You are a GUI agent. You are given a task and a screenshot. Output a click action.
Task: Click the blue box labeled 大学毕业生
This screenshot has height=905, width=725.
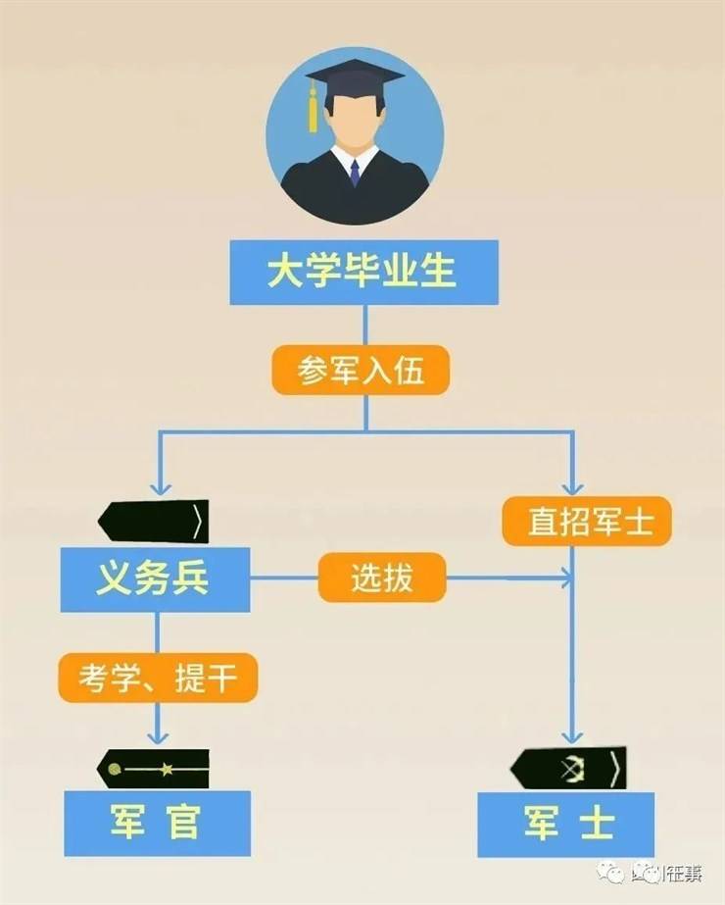click(x=363, y=272)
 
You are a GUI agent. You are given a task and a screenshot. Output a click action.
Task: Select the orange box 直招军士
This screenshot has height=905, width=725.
click(x=586, y=522)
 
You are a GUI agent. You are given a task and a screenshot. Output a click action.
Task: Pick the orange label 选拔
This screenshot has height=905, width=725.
click(x=382, y=578)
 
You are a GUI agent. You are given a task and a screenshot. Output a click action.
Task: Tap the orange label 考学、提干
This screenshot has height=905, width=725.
click(x=158, y=678)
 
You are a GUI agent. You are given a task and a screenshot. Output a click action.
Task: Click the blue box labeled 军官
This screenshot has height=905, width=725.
click(x=157, y=822)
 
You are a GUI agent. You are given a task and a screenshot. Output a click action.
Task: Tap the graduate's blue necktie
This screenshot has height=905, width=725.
click(x=355, y=172)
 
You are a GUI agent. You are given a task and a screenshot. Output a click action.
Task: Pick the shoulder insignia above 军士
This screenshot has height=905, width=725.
click(x=568, y=768)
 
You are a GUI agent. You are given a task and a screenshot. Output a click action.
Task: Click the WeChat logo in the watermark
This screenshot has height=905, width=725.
click(x=614, y=870)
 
